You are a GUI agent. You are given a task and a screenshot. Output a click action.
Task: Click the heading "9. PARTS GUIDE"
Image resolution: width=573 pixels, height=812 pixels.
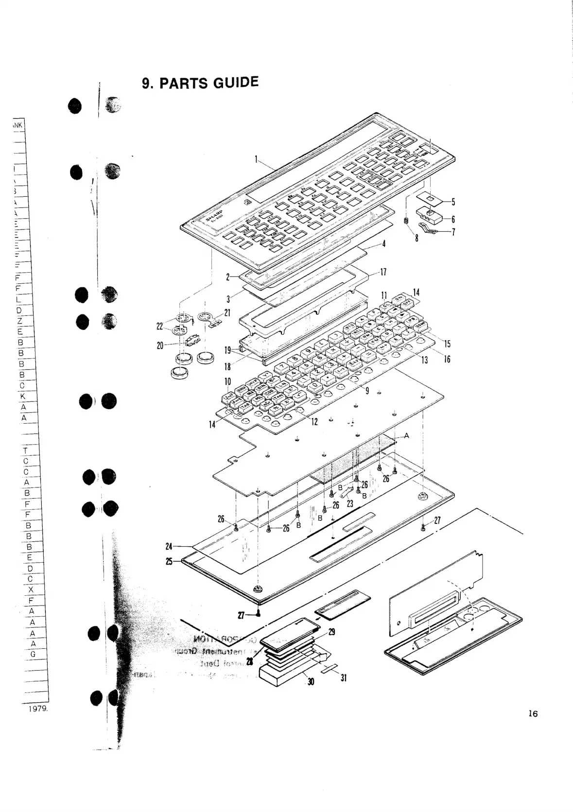[200, 83]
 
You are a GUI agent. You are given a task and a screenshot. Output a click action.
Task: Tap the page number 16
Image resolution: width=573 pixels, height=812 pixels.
[533, 714]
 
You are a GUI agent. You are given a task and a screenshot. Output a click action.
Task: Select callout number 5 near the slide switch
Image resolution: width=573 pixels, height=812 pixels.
[453, 202]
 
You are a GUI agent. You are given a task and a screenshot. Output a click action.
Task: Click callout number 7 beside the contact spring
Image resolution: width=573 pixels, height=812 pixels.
[453, 232]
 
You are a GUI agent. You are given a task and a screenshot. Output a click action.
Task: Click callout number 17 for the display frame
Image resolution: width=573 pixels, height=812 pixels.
[383, 272]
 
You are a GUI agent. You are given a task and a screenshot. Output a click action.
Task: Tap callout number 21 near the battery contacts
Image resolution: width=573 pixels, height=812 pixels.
[227, 312]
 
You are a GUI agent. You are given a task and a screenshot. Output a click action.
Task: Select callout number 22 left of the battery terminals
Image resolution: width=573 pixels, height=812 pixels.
[160, 327]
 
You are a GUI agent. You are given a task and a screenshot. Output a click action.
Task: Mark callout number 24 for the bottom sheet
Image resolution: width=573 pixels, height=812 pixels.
[169, 547]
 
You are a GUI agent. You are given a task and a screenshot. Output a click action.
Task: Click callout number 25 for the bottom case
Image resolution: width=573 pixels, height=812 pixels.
[169, 561]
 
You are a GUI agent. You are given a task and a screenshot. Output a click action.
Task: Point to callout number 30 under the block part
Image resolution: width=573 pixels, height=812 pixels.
[311, 682]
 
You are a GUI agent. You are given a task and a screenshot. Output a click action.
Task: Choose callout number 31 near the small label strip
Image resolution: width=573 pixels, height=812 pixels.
[343, 677]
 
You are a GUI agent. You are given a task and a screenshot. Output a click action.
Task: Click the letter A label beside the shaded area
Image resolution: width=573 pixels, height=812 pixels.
[406, 436]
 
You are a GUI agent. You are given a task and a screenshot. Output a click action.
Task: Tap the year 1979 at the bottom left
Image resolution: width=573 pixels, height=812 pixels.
[37, 708]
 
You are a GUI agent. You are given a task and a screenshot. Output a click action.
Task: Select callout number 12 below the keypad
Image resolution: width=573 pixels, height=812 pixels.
[314, 421]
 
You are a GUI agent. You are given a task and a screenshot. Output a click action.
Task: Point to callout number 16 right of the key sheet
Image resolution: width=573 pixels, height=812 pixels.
[447, 359]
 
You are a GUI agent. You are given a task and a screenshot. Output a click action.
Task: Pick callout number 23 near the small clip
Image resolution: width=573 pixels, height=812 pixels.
[350, 504]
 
